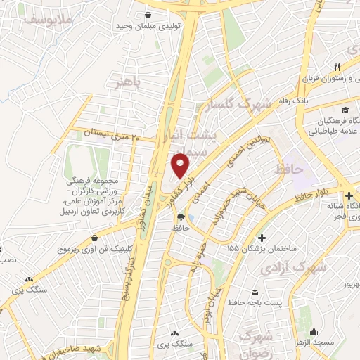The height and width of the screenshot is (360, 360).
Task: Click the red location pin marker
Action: coord(181,166)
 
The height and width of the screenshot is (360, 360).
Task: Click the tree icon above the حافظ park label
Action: coord(181,217)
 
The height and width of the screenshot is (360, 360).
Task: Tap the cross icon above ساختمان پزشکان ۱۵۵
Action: coord(263,239)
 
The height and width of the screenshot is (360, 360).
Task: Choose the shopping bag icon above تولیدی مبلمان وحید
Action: coord(148,15)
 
